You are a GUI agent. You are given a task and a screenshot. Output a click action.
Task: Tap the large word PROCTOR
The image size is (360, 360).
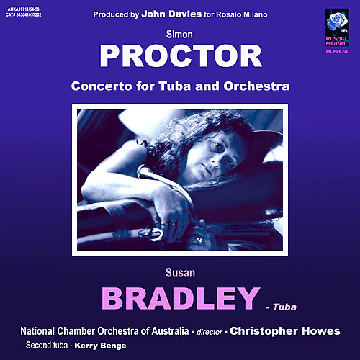180,55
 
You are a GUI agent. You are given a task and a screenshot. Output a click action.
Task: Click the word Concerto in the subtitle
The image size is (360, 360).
99,86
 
